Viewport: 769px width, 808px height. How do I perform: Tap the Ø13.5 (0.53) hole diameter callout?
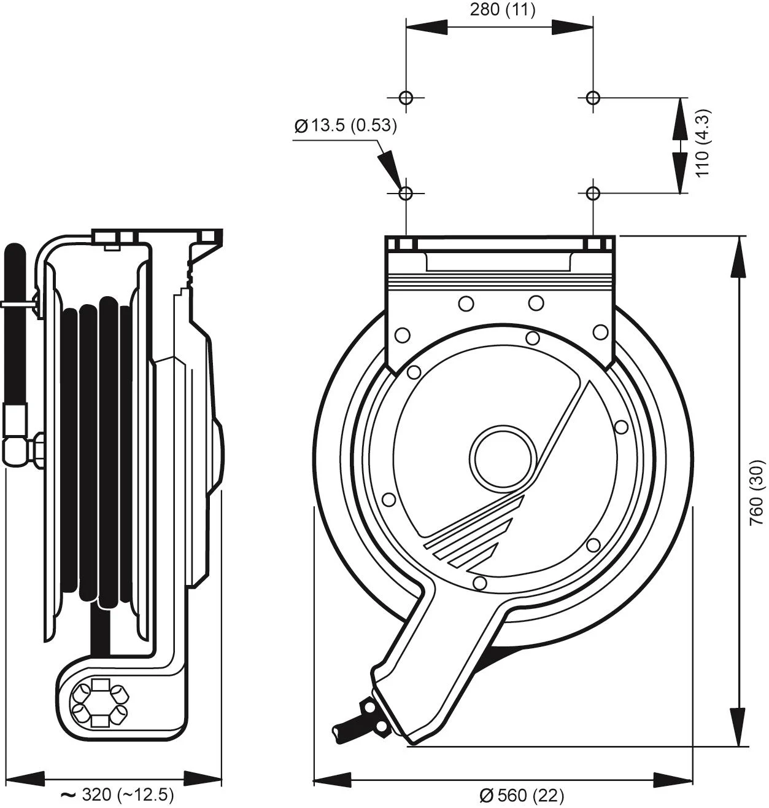pos(346,125)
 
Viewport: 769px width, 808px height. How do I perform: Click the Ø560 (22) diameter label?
pos(522,796)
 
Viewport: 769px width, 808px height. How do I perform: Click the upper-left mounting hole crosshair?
pos(406,97)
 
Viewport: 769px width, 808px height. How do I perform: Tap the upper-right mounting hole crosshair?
pos(593,97)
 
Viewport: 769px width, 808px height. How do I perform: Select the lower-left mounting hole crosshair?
pos(406,194)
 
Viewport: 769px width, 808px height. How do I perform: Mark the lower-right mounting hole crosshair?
pos(593,194)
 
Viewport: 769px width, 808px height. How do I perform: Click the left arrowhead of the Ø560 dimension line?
pos(332,780)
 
